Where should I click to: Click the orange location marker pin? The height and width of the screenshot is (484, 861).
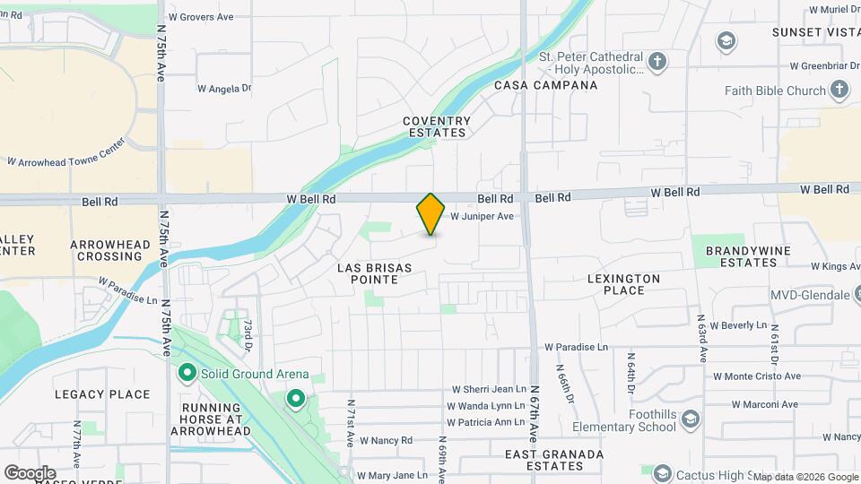click(430, 213)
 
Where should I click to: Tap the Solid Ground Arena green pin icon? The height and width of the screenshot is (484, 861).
click(187, 372)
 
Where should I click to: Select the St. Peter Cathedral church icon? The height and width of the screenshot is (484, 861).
click(657, 62)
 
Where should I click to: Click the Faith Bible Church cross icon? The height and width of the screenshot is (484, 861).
click(839, 90)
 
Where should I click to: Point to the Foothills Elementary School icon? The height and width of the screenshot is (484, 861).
click(690, 419)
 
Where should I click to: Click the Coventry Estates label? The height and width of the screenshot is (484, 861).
click(436, 126)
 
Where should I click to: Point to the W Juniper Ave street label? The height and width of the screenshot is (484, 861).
click(482, 216)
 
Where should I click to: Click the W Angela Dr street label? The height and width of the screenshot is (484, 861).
click(224, 88)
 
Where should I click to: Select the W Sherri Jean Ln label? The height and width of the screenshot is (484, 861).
click(488, 389)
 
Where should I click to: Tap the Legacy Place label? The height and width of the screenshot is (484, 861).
click(102, 394)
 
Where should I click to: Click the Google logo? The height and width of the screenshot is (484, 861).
click(30, 472)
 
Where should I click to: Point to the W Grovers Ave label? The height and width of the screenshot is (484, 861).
click(201, 17)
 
